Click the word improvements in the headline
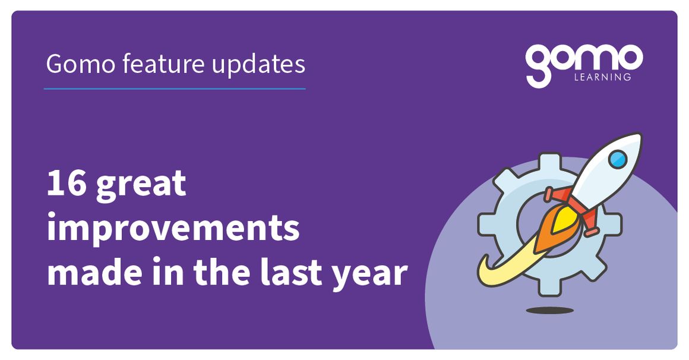pos(173,229)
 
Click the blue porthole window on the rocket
pos(618,159)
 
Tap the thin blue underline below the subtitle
pos(175,89)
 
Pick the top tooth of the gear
pos(550,162)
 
